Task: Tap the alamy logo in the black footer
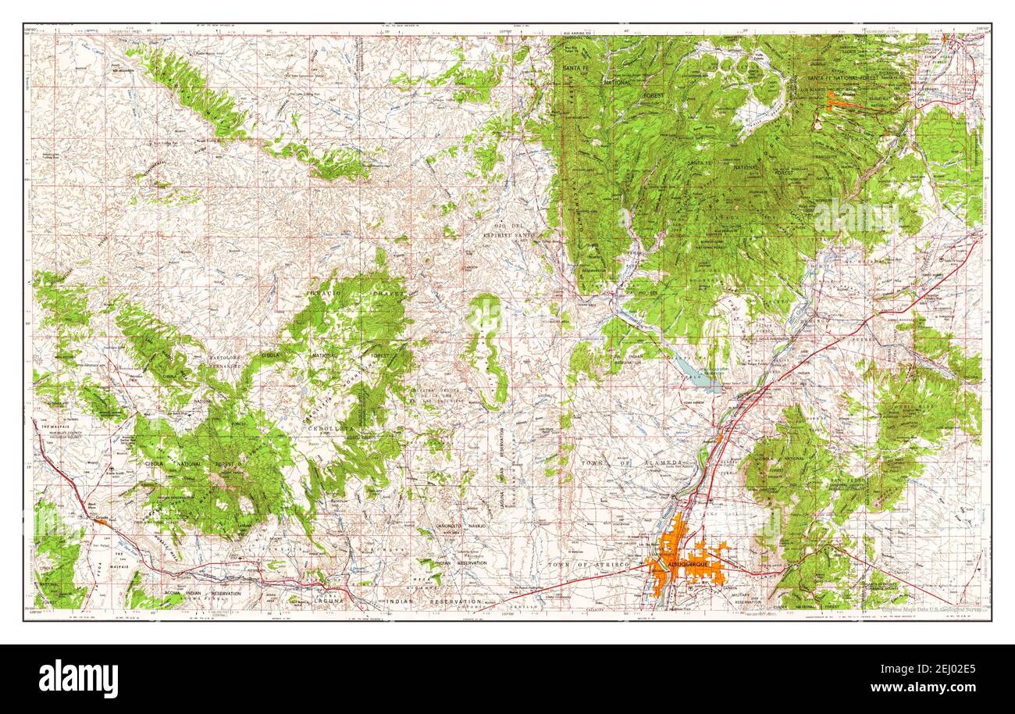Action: [78, 678]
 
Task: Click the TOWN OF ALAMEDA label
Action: [633, 463]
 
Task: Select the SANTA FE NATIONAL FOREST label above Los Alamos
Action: [856, 78]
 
